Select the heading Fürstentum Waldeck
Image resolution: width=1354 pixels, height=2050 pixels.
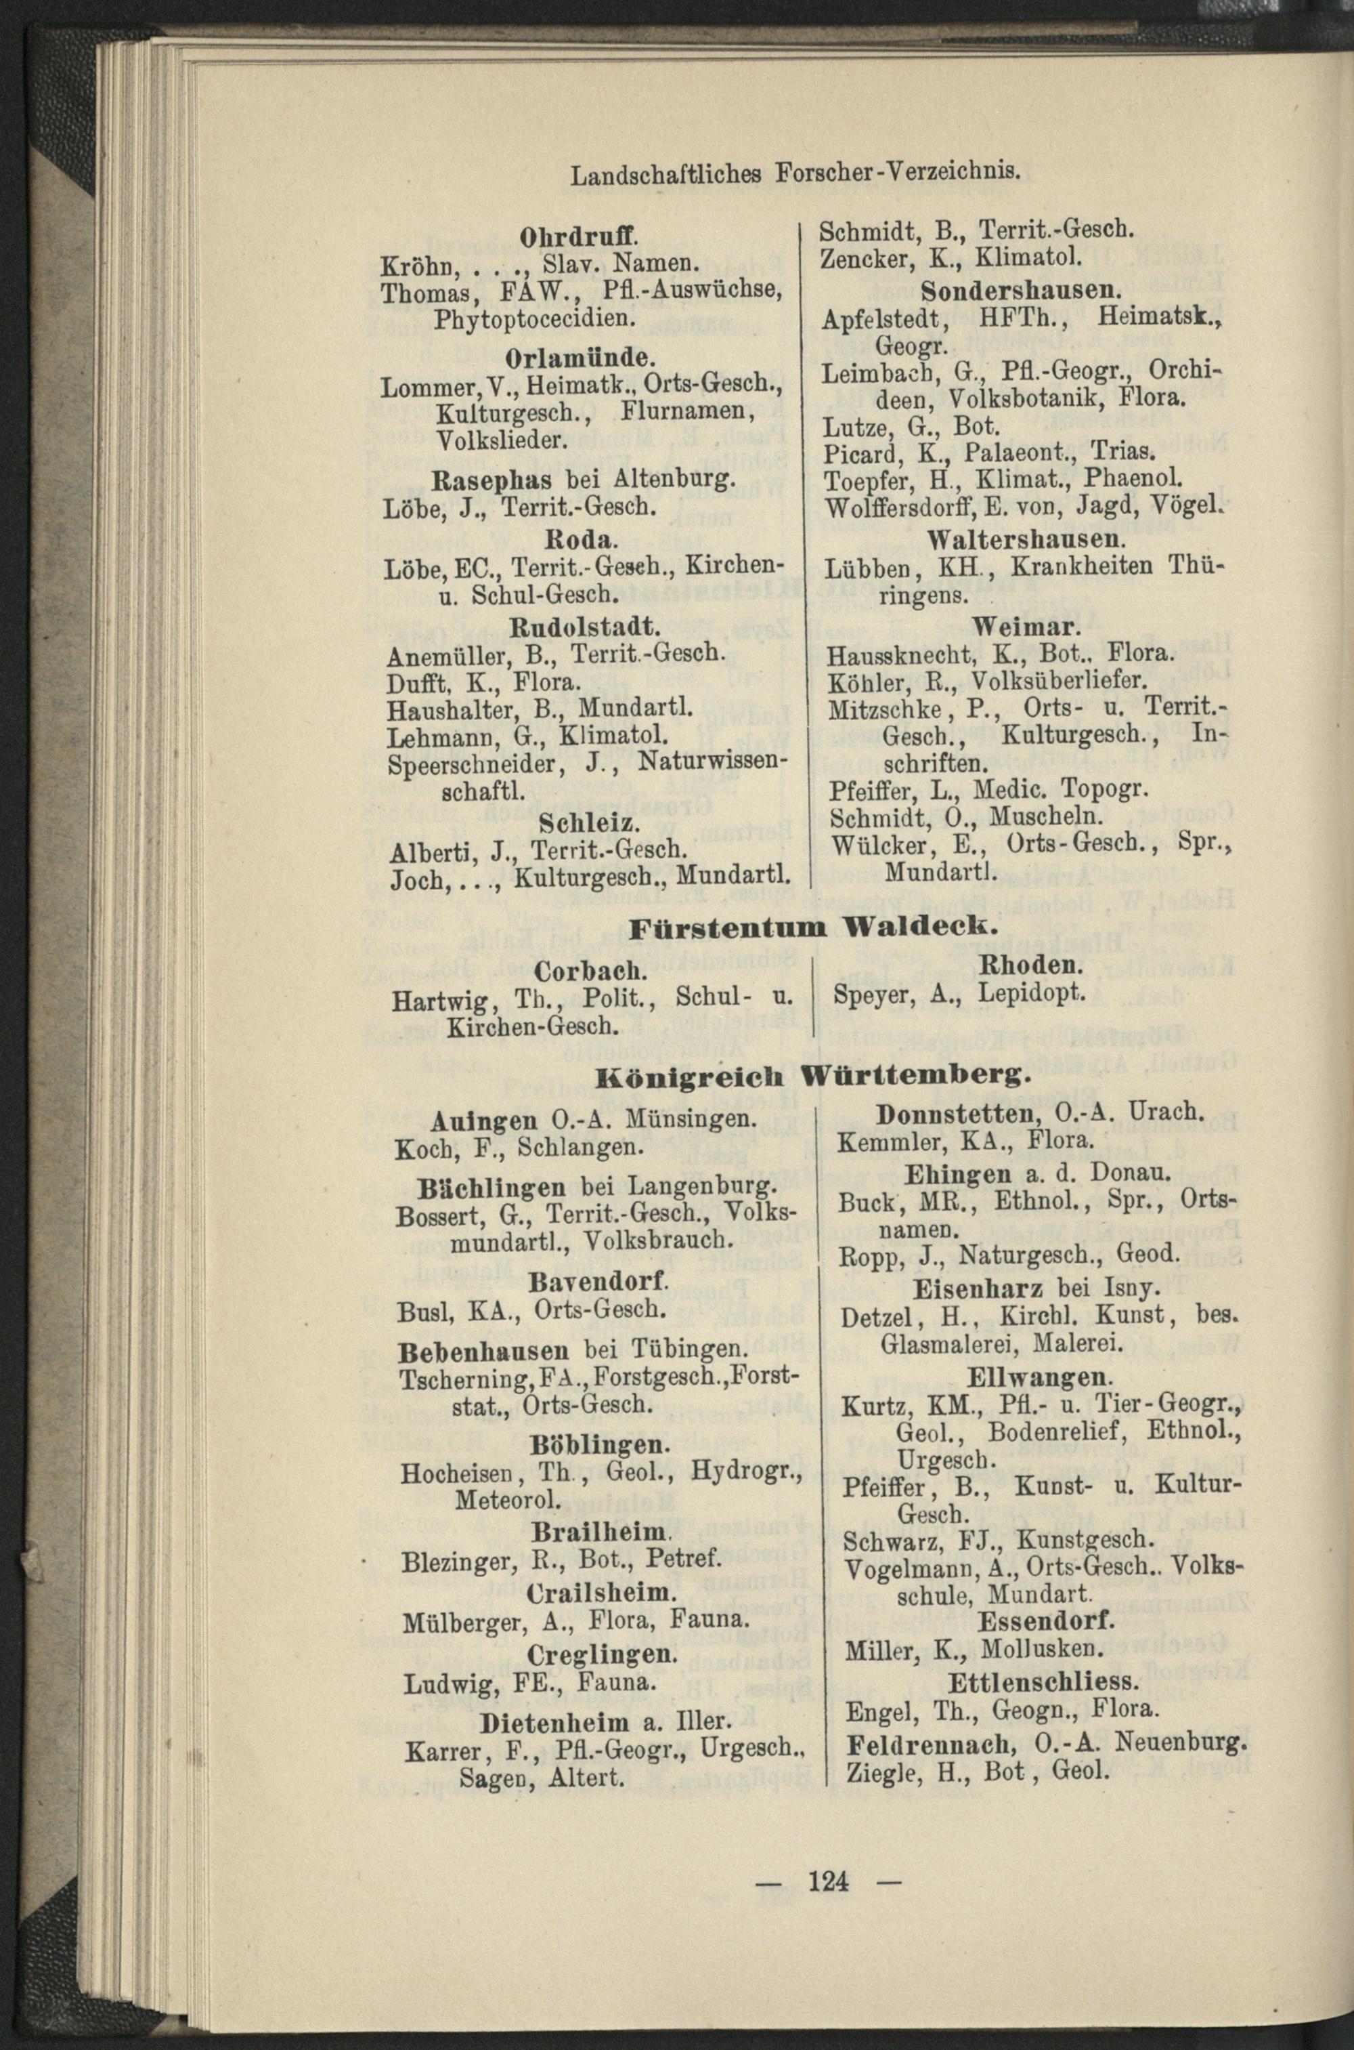tap(812, 928)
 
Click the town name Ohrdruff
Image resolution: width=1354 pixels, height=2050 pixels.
tap(579, 235)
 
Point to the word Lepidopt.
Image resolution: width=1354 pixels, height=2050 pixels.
tap(1033, 995)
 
